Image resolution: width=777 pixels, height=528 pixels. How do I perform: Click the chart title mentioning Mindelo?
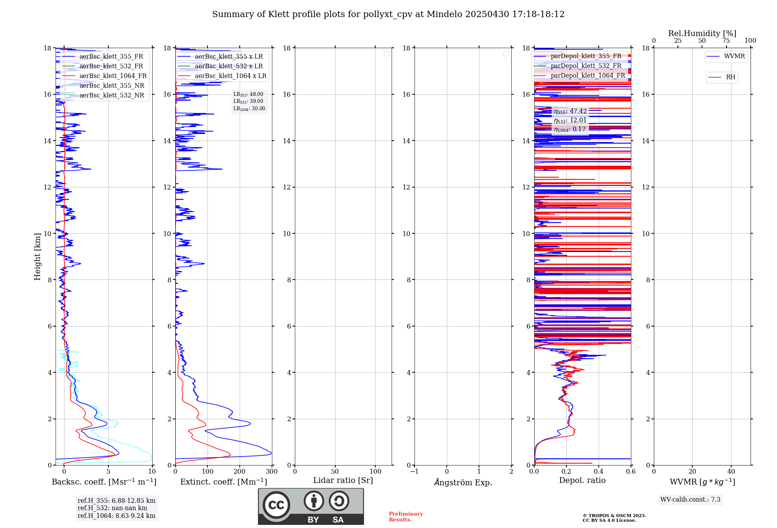click(x=388, y=14)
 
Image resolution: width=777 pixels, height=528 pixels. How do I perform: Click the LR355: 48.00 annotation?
click(x=248, y=94)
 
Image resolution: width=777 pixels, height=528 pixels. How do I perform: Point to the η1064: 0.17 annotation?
click(x=570, y=129)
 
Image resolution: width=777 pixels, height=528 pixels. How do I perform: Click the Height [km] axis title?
click(x=37, y=256)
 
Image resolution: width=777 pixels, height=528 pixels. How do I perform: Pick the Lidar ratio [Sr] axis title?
click(x=343, y=480)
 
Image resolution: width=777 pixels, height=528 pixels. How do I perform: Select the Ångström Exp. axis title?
click(x=463, y=482)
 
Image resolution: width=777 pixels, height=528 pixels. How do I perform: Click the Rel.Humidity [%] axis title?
click(x=702, y=33)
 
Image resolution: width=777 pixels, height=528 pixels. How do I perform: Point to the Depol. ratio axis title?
click(x=582, y=480)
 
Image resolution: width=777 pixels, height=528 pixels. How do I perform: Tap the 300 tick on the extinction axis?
click(x=272, y=472)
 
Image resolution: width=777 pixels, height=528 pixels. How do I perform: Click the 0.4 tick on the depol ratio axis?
click(x=599, y=472)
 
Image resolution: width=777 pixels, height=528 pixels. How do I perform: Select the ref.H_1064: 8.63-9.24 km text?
click(x=116, y=516)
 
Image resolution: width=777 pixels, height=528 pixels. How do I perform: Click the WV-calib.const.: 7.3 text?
click(x=690, y=500)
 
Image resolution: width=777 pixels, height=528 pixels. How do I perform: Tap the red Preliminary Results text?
click(x=406, y=517)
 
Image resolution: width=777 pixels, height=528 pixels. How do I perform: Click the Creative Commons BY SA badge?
click(x=311, y=506)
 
